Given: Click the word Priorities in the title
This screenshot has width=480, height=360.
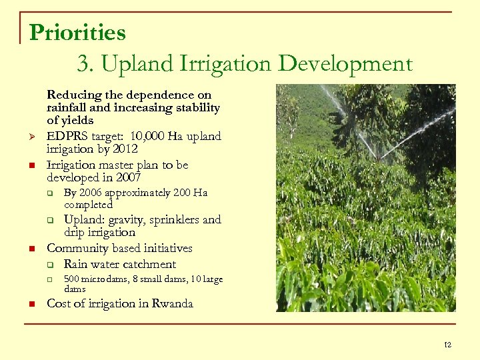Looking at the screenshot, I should (77, 32).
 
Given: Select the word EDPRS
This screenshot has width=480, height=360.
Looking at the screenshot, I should (67, 136).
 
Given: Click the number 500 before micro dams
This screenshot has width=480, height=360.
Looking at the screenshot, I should (71, 279).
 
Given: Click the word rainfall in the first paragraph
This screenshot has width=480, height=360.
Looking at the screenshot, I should (67, 107).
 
